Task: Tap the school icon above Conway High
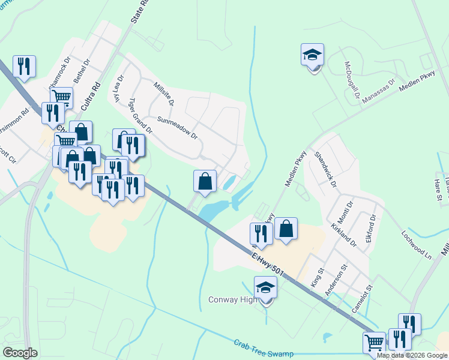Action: [x=265, y=287]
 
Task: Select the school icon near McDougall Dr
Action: [x=312, y=55]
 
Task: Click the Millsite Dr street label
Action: [x=164, y=94]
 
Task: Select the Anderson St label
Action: [x=336, y=280]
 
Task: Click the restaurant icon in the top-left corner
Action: [x=24, y=66]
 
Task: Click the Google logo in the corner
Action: [x=20, y=352]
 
